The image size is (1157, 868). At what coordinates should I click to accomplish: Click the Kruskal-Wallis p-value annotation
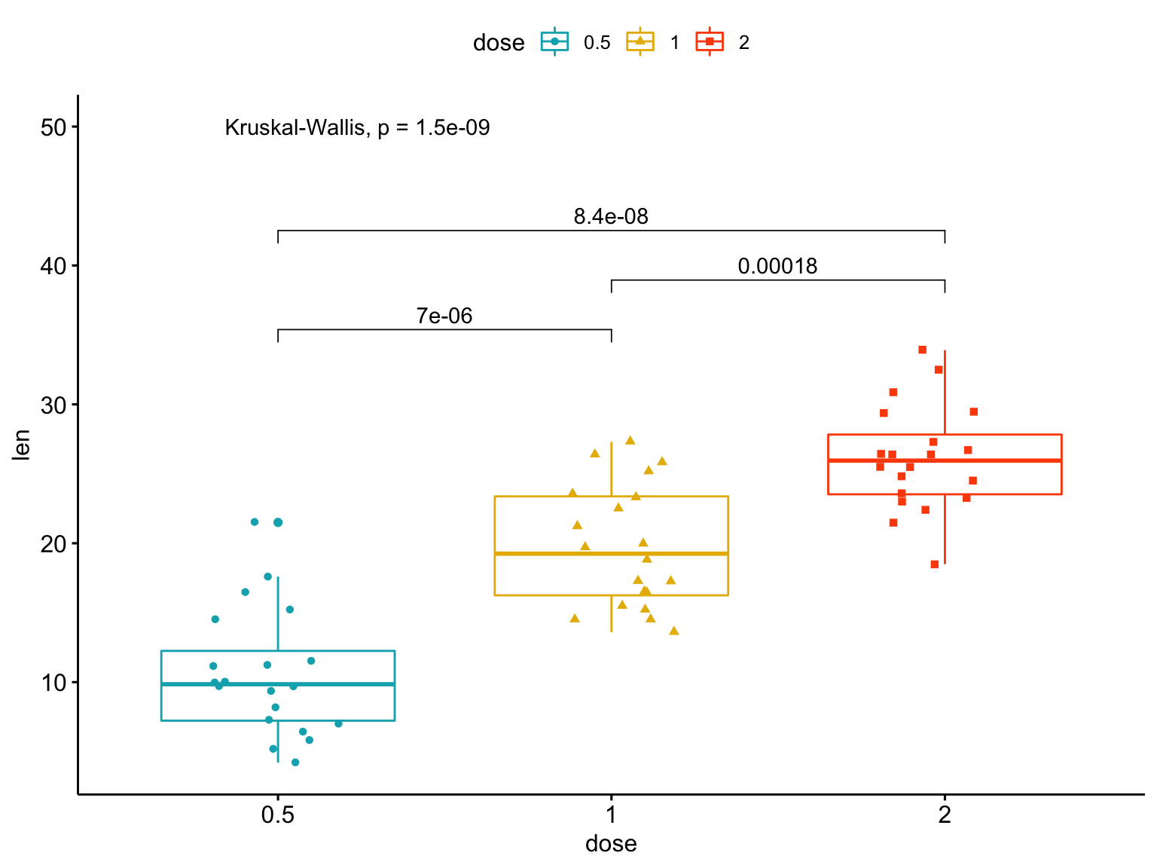pos(357,128)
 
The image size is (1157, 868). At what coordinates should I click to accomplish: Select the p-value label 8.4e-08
pos(610,217)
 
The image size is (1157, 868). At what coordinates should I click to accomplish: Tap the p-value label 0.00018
pos(777,267)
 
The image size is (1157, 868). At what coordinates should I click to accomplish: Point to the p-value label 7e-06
pos(444,316)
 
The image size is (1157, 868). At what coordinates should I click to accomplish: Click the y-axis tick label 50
pos(53,127)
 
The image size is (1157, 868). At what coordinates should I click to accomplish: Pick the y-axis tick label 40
pos(53,266)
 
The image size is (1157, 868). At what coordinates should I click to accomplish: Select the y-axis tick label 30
pos(53,405)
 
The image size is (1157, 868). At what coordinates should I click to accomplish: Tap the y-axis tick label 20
pos(53,544)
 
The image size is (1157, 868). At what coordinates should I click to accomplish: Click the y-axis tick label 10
pos(53,683)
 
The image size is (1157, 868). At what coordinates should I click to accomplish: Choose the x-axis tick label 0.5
pos(278,815)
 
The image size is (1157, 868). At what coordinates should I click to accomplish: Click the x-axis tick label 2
pos(945,815)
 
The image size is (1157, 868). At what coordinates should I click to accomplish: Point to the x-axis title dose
pos(611,844)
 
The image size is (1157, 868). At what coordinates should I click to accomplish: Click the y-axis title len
pos(22,445)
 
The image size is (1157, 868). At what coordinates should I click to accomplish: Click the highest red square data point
pos(922,350)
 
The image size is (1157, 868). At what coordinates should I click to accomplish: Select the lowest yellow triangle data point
pos(674,631)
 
